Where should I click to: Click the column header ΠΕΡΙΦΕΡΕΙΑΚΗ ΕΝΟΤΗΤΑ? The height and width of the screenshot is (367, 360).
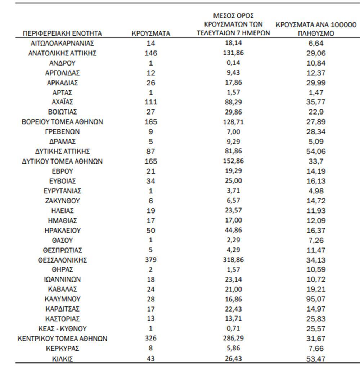point(62,33)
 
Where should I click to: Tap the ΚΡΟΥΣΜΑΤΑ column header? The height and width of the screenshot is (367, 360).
point(151,33)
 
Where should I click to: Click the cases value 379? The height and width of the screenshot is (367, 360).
point(151,260)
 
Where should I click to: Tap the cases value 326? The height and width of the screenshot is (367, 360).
point(151,339)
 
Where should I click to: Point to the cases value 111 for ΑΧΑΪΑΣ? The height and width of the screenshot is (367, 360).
point(151,102)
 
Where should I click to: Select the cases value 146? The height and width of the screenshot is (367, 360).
point(151,53)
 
